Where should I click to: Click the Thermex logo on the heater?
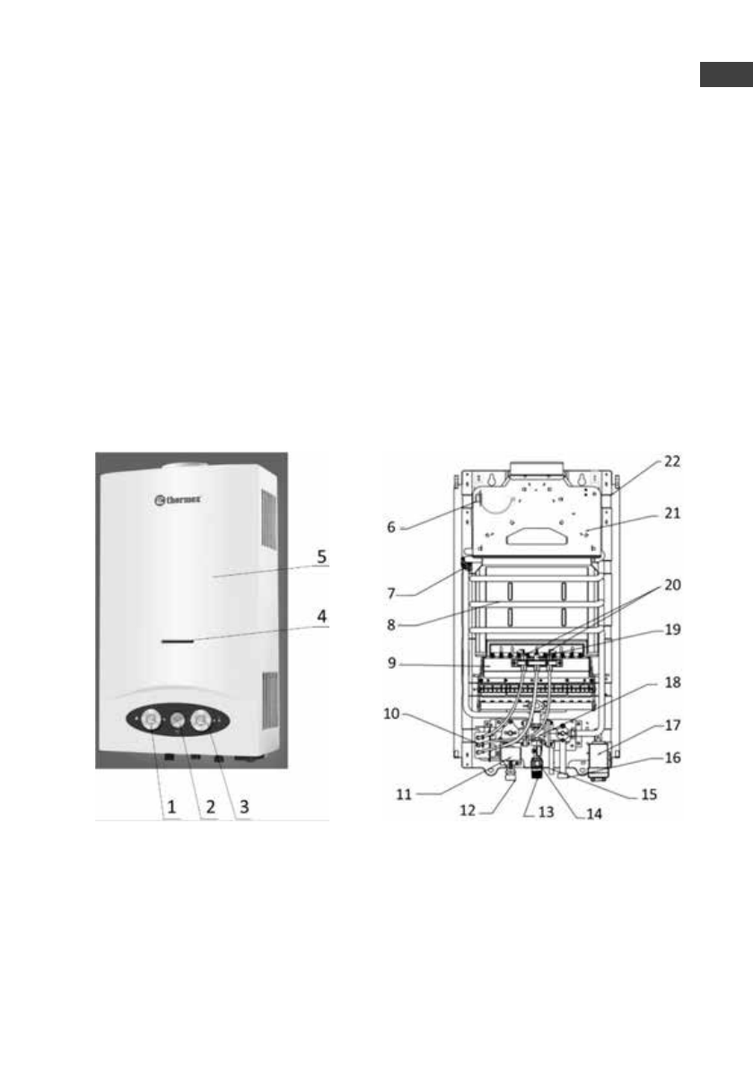coord(177,501)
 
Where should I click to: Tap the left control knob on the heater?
coord(151,719)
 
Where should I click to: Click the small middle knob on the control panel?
coord(177,719)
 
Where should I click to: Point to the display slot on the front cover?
coord(177,641)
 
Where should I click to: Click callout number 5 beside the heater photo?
coord(321,557)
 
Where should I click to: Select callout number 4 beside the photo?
coord(321,617)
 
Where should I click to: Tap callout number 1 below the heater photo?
coord(171,807)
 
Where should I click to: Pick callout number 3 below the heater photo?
coord(244,808)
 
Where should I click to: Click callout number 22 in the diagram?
coord(672,460)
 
